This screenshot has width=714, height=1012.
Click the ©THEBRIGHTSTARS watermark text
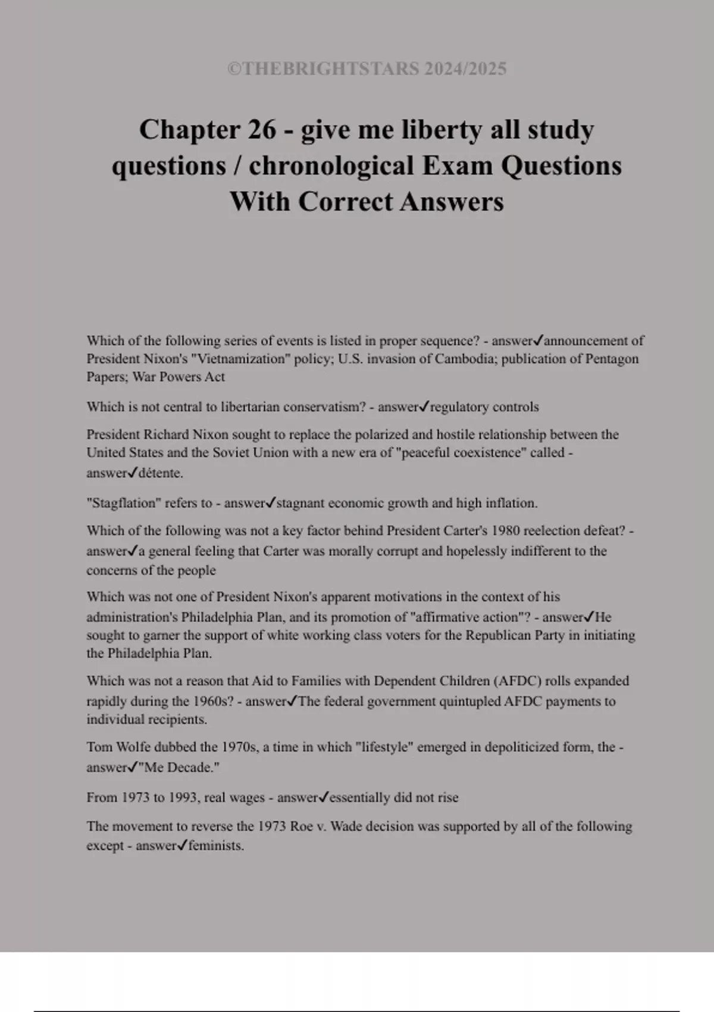(367, 69)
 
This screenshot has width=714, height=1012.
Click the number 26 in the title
(261, 130)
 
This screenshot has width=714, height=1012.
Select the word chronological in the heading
(331, 166)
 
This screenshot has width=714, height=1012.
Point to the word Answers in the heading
(452, 202)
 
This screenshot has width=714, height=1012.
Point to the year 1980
(505, 530)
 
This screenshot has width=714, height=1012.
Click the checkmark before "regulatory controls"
(424, 407)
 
